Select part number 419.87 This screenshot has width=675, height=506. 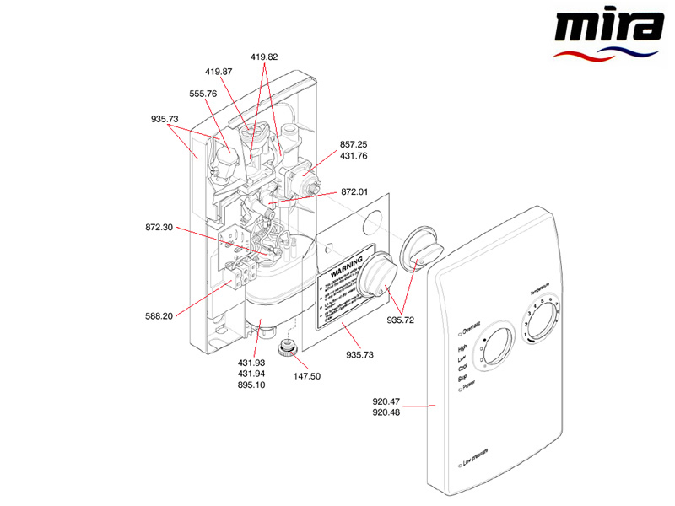point(219,72)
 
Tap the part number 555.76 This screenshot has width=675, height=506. point(202,94)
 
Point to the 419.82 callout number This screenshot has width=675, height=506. point(263,57)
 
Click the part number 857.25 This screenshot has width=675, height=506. point(354,144)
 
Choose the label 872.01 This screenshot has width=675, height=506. point(354,192)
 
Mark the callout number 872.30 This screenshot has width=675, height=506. point(159,228)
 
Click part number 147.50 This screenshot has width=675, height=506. point(306,375)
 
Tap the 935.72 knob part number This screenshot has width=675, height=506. point(401,320)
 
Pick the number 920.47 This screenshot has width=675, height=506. point(386,401)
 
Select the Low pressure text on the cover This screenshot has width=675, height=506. point(479,463)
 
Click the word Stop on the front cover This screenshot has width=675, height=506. point(462,379)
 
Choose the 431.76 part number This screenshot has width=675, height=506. point(354,156)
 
